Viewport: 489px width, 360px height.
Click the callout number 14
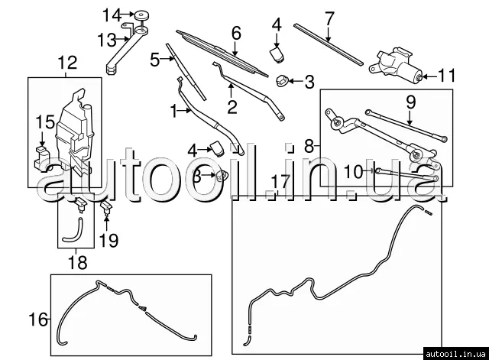(112, 15)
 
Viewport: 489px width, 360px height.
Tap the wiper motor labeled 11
(396, 66)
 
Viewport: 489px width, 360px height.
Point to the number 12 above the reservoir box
(68, 63)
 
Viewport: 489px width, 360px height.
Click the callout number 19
(108, 241)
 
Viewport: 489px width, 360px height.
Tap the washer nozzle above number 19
(106, 207)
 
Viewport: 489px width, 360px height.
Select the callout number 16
(38, 319)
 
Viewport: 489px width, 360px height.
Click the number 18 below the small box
(77, 262)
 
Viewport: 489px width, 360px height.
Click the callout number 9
(410, 102)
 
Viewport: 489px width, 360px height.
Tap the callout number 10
(353, 171)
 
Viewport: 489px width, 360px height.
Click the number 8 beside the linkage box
(309, 146)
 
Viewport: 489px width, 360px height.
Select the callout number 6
(236, 33)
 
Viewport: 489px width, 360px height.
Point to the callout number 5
(154, 60)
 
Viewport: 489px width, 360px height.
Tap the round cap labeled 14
(141, 15)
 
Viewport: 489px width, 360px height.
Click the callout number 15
(45, 122)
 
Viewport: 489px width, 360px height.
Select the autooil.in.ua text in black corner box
(455, 354)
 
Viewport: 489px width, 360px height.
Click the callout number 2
(232, 107)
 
